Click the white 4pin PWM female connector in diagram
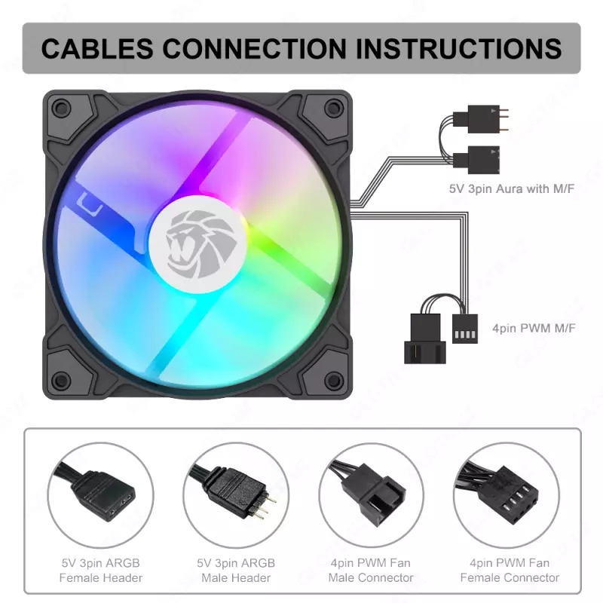(467, 328)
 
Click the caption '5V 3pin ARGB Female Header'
(101, 571)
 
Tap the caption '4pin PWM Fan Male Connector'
(371, 571)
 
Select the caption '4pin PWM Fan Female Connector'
(510, 571)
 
